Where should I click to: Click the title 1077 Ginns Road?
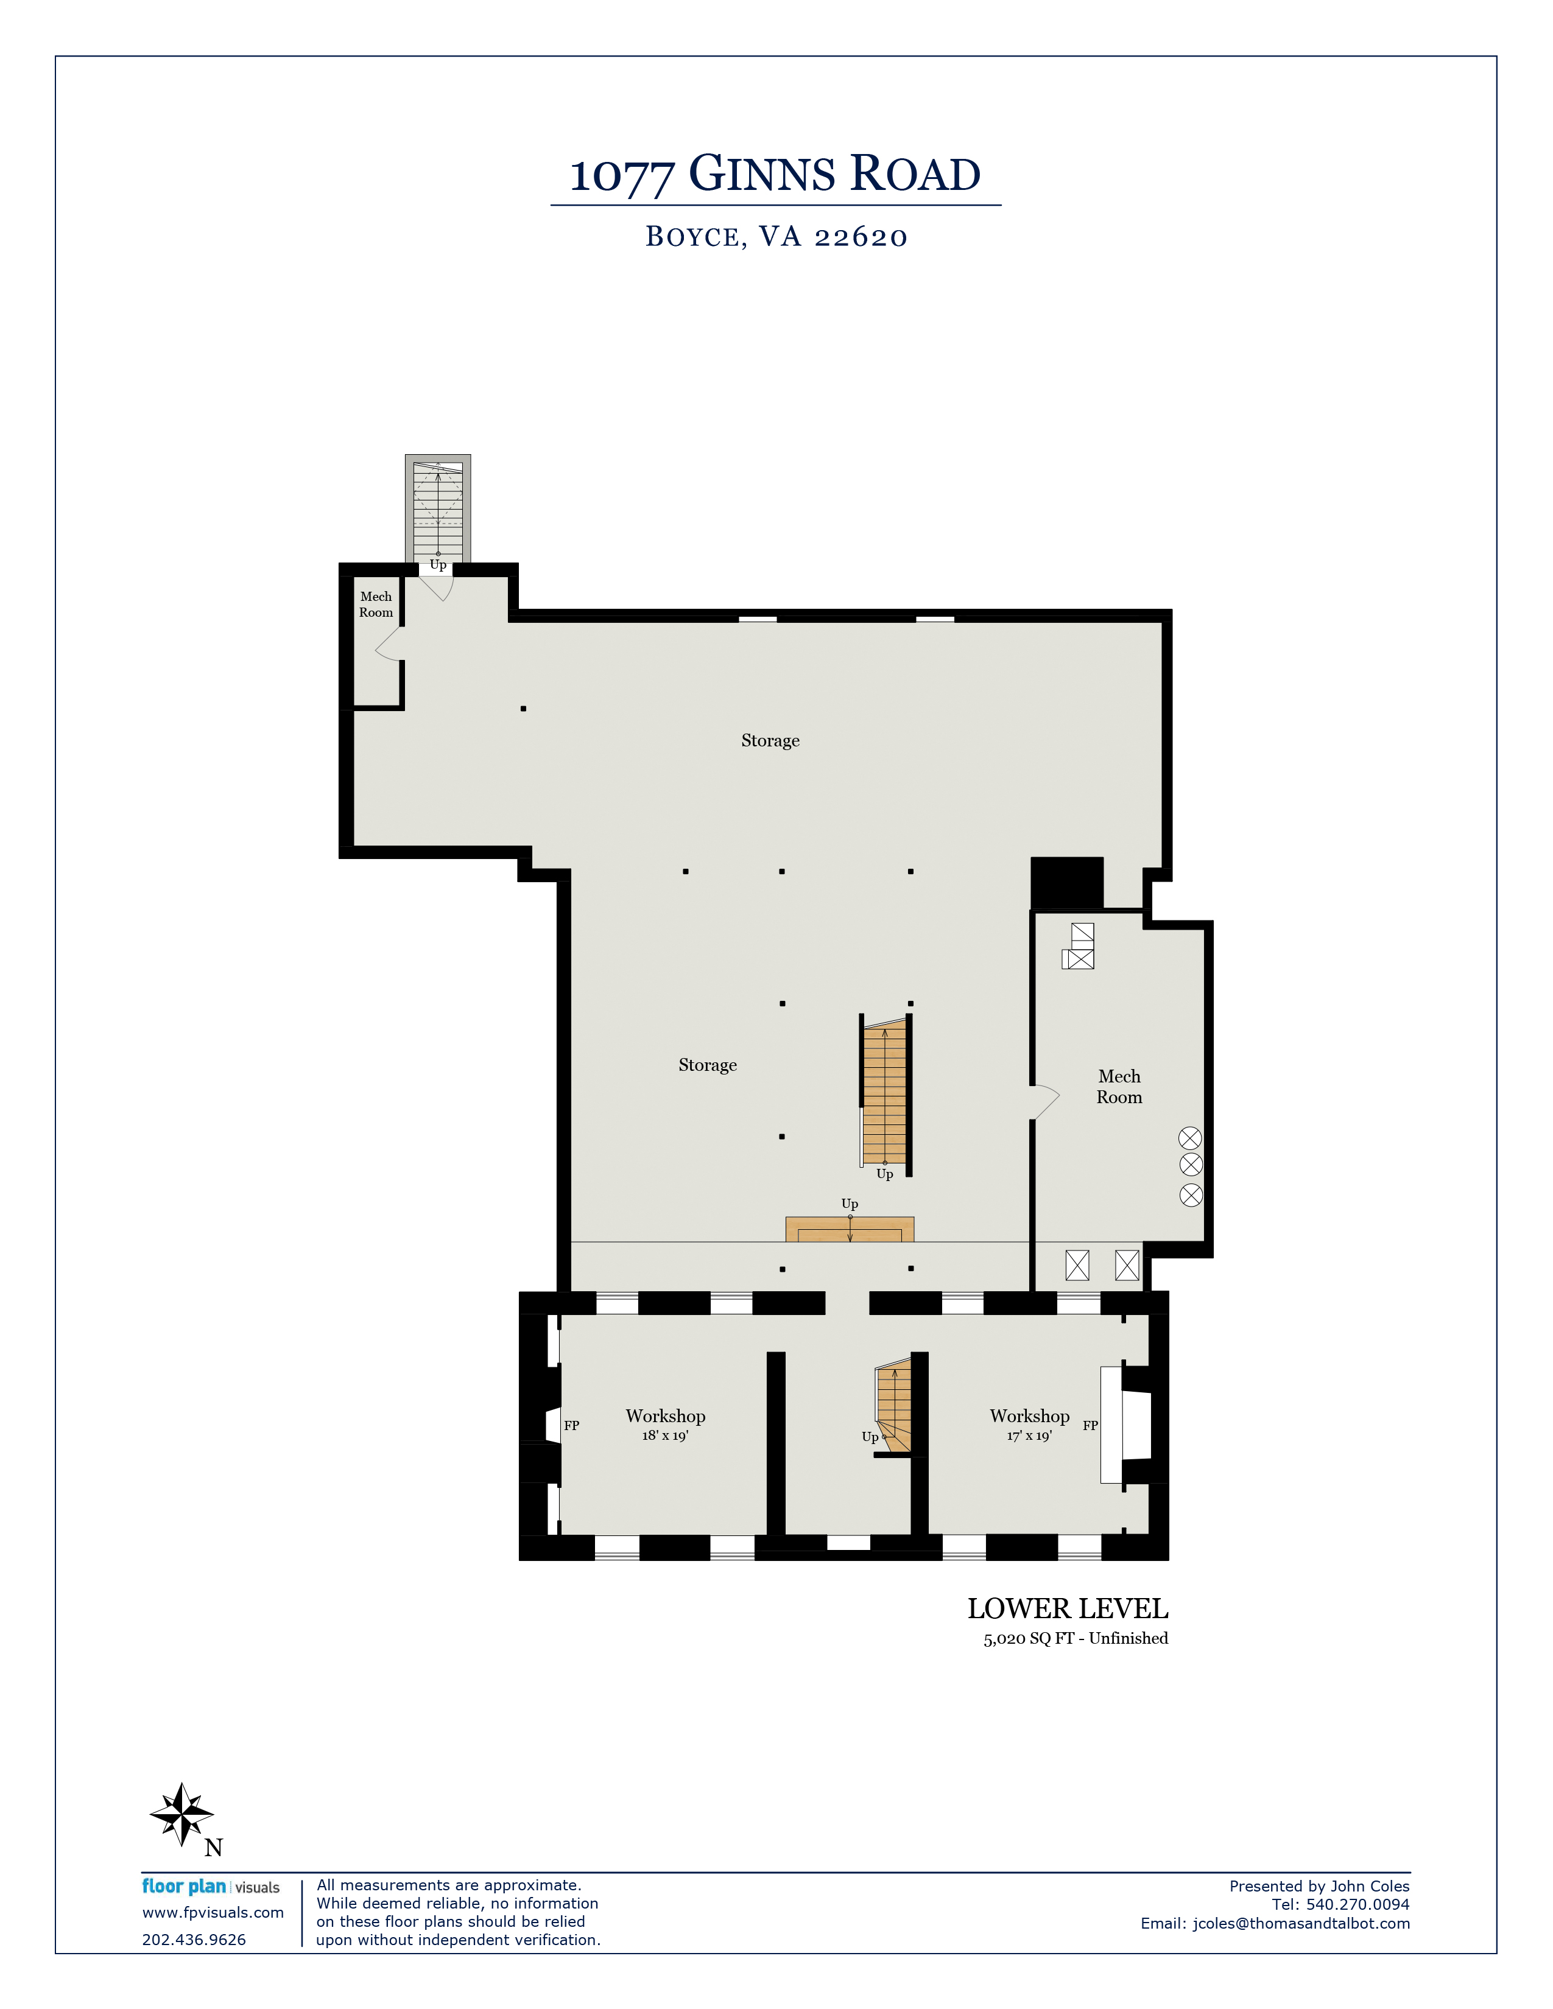coord(775,174)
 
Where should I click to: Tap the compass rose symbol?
coord(182,1814)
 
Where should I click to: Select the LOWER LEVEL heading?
coord(1067,1609)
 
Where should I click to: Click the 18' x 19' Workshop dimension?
coord(665,1436)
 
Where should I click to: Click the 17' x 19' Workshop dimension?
coord(1029,1436)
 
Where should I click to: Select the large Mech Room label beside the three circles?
coord(1119,1086)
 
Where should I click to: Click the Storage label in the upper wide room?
coord(770,740)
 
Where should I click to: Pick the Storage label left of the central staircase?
coord(708,1065)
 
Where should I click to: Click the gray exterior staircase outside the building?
coord(438,509)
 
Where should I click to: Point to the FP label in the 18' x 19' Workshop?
coord(571,1426)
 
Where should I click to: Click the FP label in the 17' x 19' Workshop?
coord(1090,1426)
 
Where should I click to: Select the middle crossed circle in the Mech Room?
coord(1191,1165)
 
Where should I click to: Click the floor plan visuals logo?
coord(211,1887)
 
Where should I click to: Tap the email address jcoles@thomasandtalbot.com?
coord(1301,1923)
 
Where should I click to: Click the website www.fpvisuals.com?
coord(213,1912)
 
